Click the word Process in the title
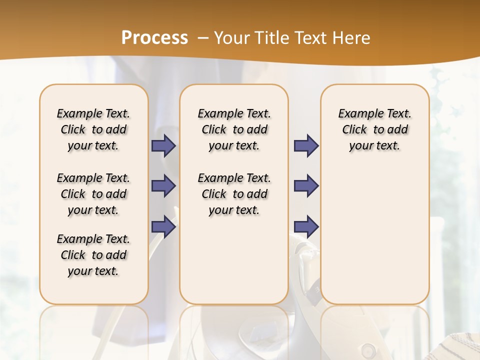click(154, 37)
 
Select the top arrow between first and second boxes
click(163, 145)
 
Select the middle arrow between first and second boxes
click(163, 186)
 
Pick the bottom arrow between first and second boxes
click(163, 227)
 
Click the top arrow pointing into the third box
click(306, 145)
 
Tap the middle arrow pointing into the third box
click(306, 186)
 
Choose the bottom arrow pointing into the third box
click(306, 227)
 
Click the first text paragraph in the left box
click(93, 129)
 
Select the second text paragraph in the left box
click(93, 194)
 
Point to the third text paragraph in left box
click(93, 255)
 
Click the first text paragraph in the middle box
click(234, 129)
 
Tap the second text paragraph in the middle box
click(234, 194)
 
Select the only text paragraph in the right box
click(375, 129)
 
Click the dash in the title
click(203, 38)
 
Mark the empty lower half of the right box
click(375, 240)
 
